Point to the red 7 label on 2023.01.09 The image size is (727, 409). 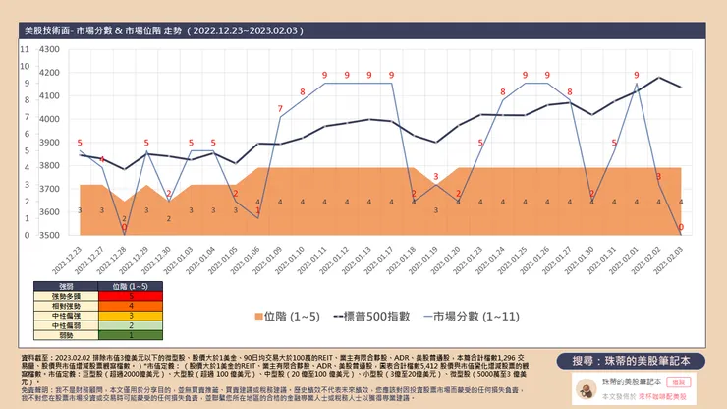(280, 108)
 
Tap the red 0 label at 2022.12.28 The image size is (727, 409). (124, 227)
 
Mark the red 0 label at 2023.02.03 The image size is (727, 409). (681, 227)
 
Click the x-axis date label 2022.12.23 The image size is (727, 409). (75, 258)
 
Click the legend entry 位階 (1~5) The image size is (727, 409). (291, 318)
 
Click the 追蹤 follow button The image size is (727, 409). (676, 379)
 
